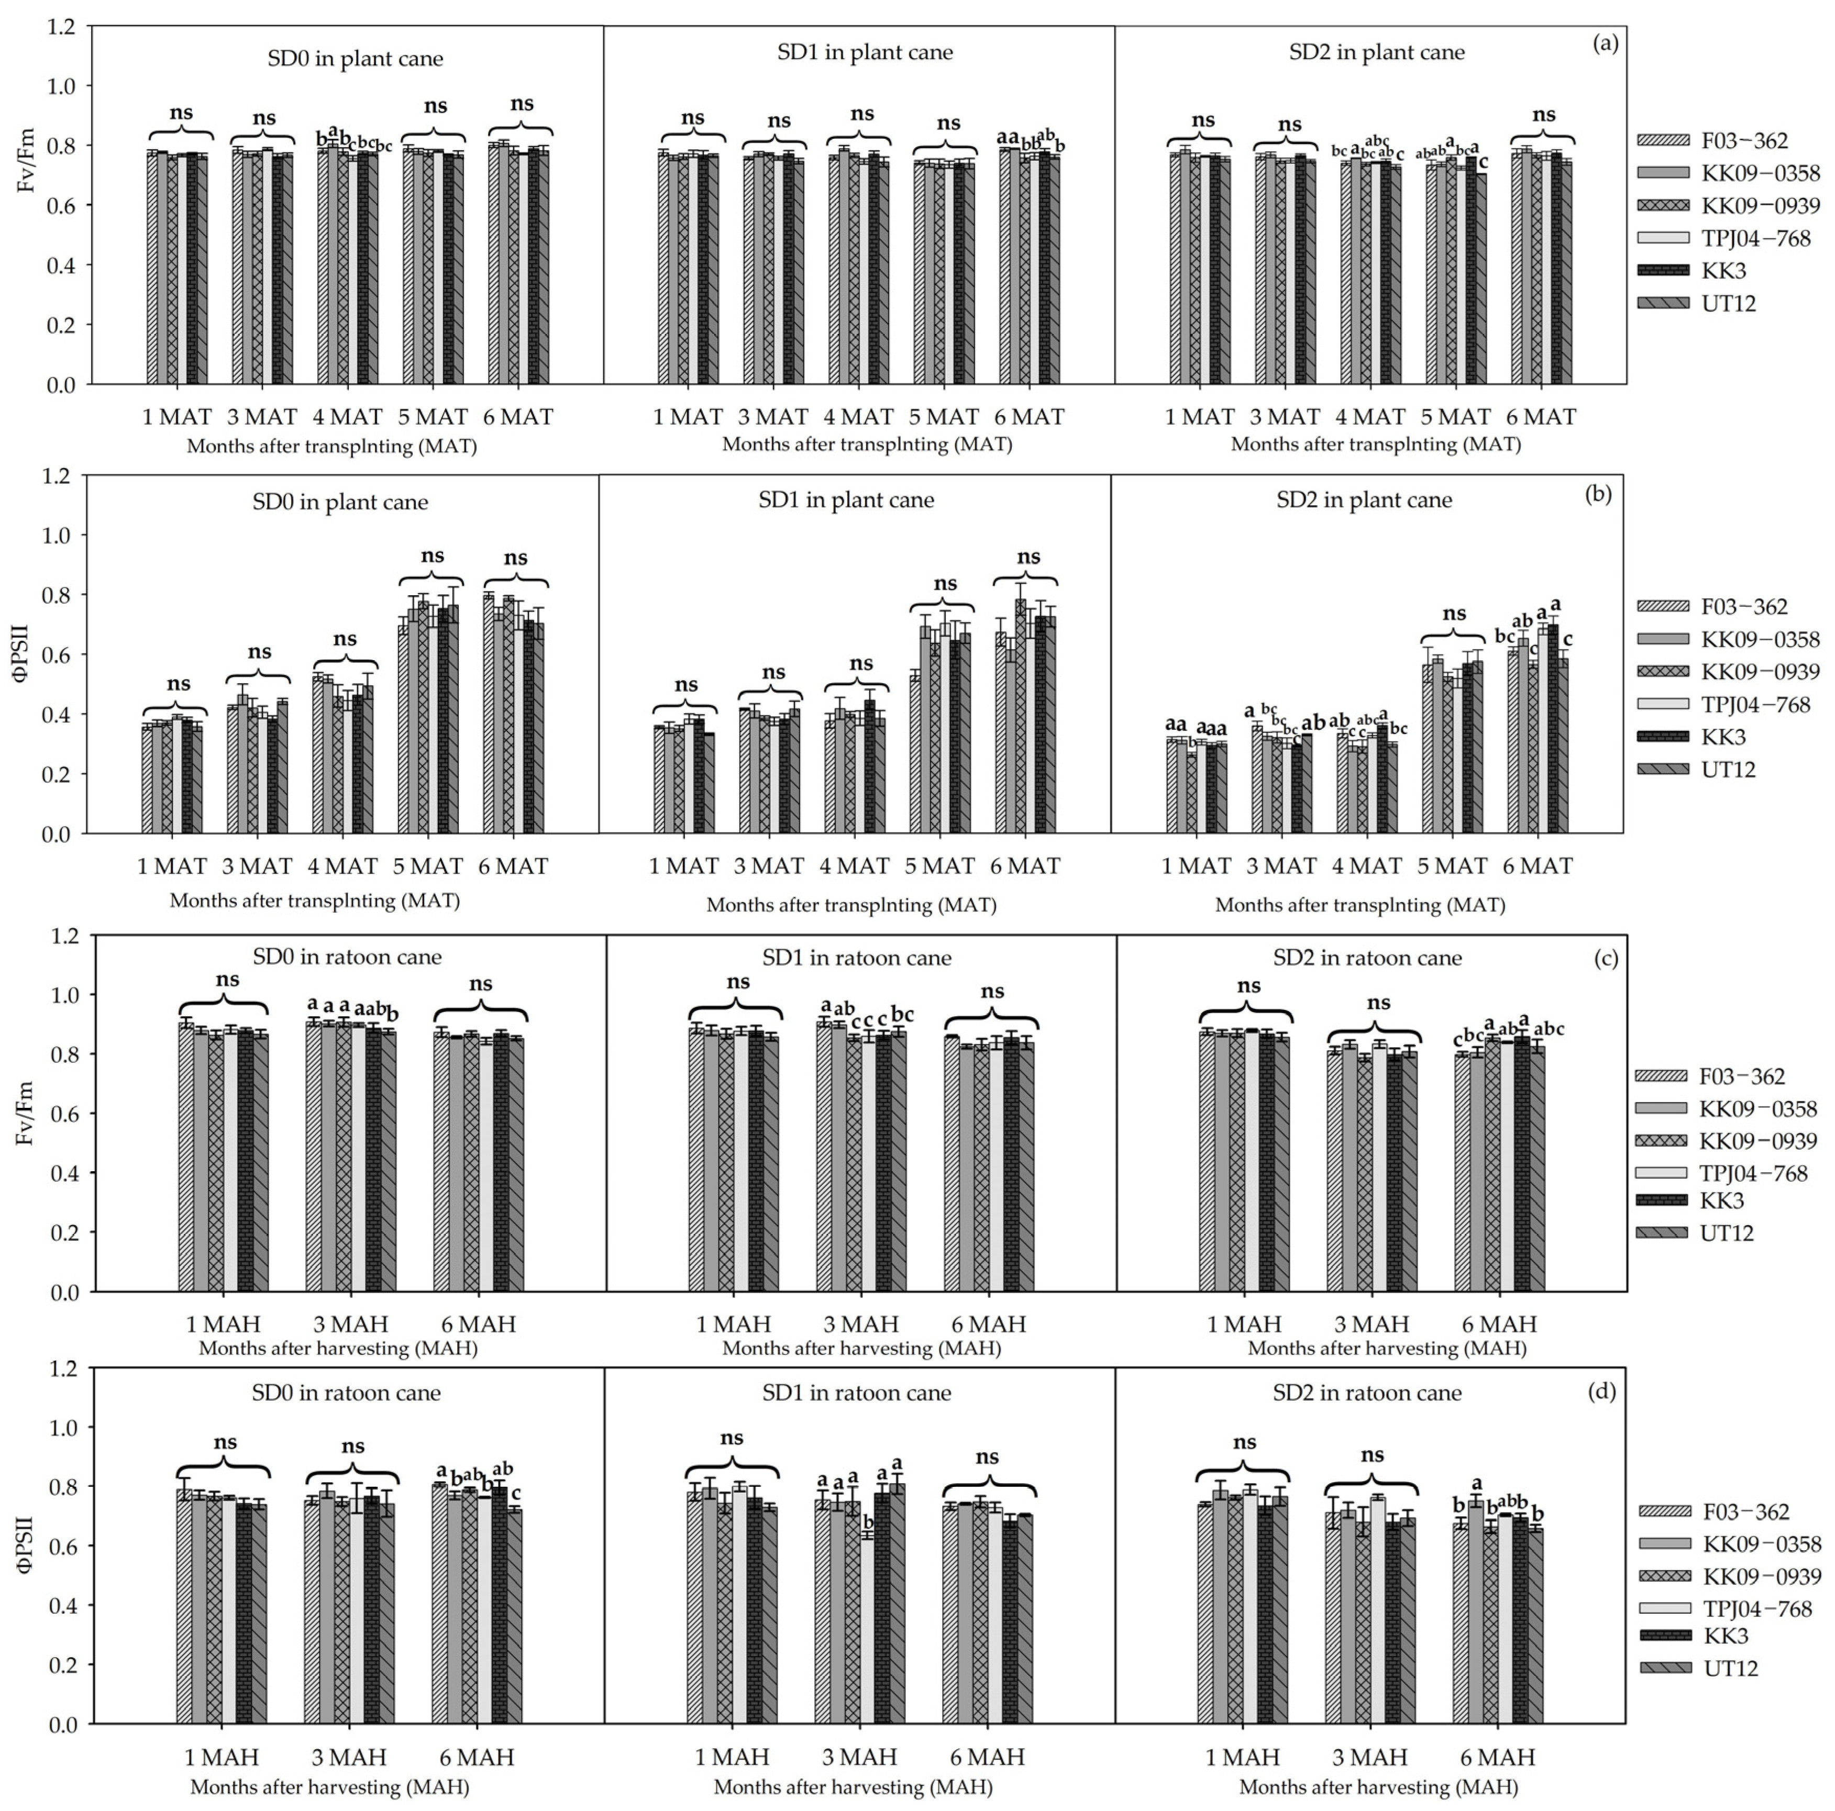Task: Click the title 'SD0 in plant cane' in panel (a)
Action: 355,59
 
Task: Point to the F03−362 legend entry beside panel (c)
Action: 1742,1076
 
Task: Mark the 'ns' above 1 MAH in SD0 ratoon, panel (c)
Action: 227,980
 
